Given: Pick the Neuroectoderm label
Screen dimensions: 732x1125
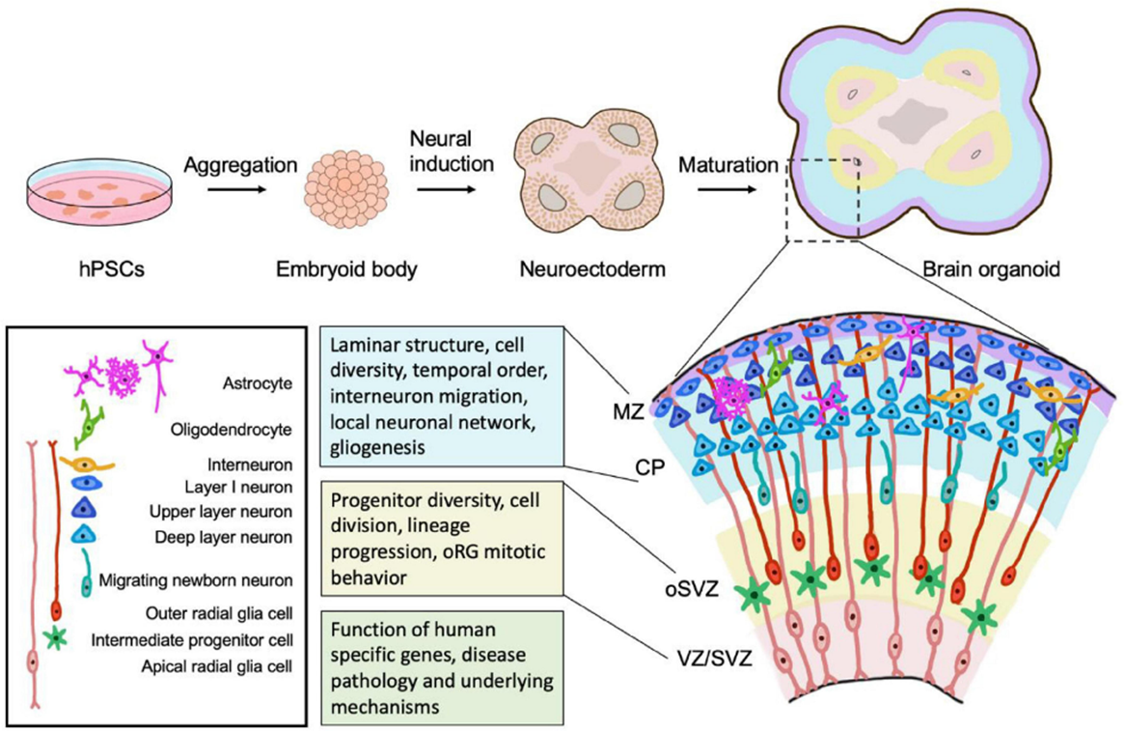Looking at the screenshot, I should tap(591, 269).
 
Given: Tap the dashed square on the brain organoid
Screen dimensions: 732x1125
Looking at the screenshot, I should tap(822, 198).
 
